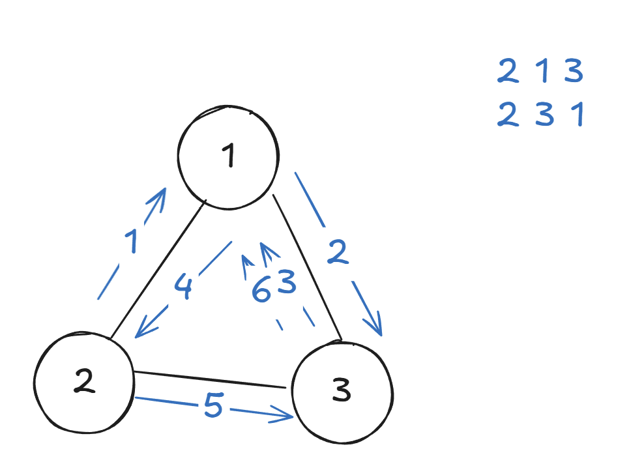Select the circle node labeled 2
pos(83,383)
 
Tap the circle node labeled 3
pos(342,392)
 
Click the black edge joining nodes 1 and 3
pos(306,267)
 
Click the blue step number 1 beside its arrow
pos(132,242)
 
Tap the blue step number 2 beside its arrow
pos(337,254)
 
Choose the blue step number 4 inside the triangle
pos(184,288)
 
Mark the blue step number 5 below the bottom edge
pos(213,407)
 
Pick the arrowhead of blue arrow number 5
pos(287,414)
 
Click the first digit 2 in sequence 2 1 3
pos(508,71)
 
